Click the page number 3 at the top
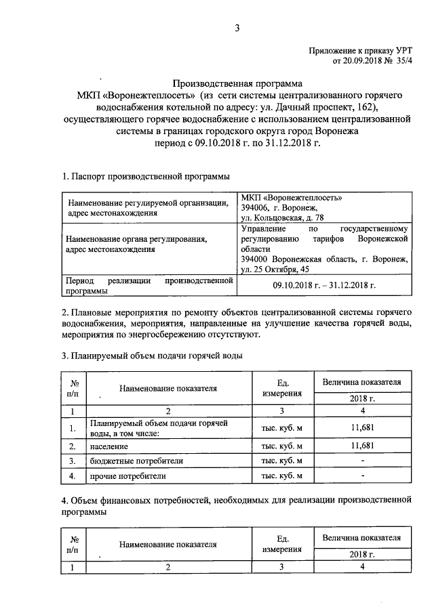click(x=237, y=28)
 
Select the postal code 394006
click(x=255, y=208)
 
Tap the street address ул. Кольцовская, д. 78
click(x=283, y=217)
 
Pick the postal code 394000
click(x=255, y=259)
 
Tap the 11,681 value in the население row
click(x=363, y=446)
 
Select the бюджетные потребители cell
click(x=127, y=461)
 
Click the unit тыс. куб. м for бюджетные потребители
click(x=277, y=461)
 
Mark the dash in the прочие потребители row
click(x=363, y=475)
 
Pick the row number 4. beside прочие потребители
click(x=72, y=475)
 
